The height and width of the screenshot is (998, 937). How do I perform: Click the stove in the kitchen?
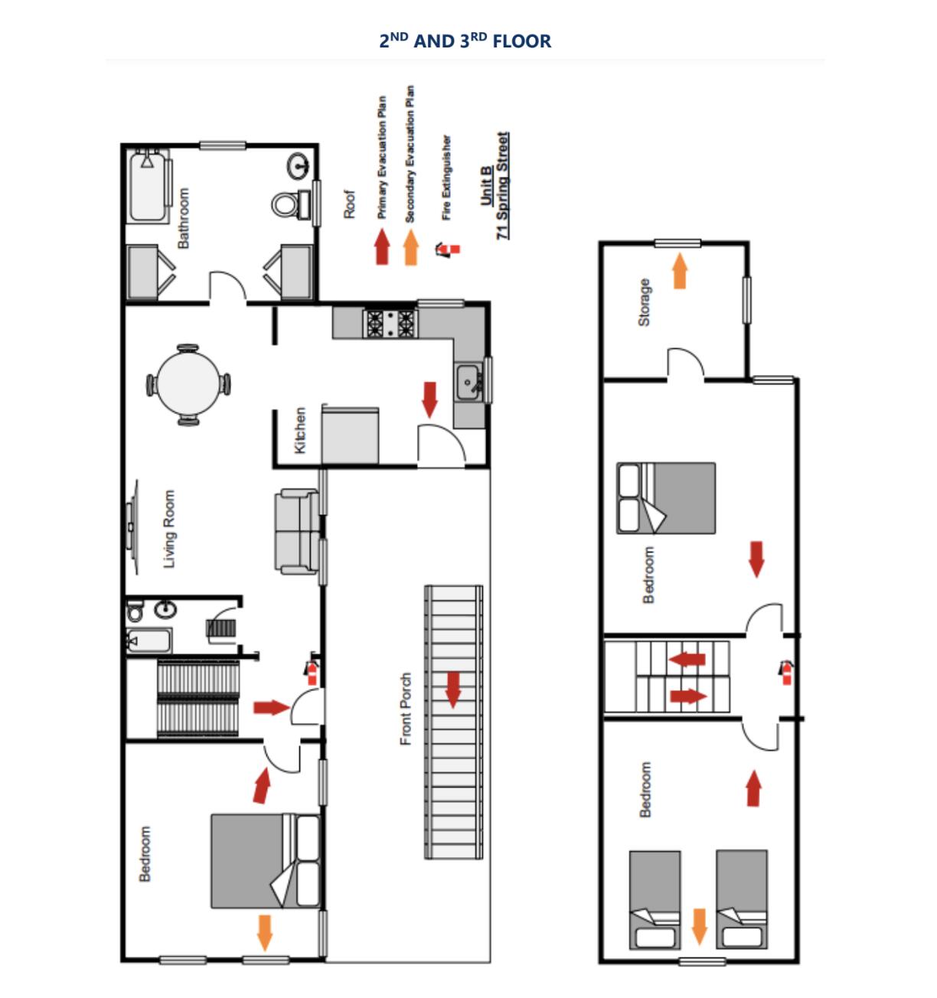390,323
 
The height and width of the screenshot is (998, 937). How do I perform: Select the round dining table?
188,385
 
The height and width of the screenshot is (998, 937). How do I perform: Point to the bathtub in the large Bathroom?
149,188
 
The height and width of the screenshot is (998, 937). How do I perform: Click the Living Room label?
169,529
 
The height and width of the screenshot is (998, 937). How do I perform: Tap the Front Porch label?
406,709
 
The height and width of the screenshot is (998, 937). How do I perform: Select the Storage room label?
644,302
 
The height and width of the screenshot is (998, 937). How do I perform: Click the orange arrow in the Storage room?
679,272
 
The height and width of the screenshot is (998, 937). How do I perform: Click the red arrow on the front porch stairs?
453,690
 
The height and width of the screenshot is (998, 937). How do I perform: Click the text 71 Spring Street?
502,186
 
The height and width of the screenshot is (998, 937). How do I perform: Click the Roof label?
350,204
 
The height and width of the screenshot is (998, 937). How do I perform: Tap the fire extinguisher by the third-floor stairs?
786,671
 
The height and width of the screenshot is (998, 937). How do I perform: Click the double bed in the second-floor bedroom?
264,861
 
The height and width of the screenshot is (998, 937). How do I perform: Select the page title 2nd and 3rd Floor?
465,41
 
